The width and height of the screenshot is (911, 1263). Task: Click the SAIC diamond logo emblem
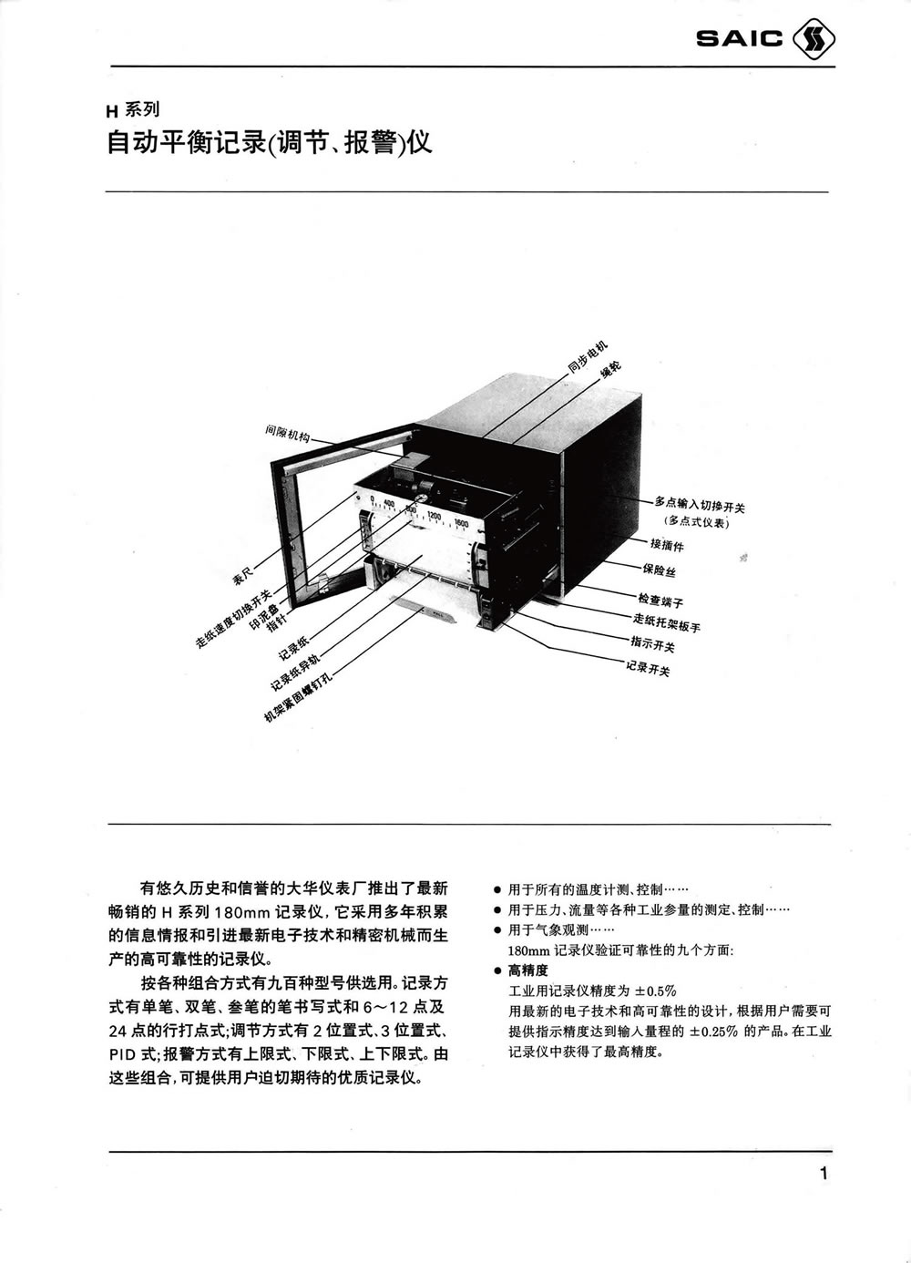click(814, 39)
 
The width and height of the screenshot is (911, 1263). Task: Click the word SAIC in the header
click(740, 39)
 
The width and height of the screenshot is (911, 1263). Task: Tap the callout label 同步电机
click(588, 357)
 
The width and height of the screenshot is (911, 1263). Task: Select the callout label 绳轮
click(611, 369)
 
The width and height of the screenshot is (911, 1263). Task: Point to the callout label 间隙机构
click(288, 433)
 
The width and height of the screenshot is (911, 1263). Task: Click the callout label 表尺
click(243, 577)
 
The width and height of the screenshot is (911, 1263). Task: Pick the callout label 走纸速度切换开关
click(234, 619)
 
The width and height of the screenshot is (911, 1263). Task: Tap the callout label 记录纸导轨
click(295, 673)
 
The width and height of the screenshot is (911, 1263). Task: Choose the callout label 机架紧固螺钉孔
click(298, 696)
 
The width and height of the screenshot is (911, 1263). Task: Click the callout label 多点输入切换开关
click(700, 504)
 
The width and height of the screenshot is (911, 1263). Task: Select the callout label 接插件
click(667, 545)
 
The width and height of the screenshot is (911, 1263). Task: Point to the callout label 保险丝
click(660, 570)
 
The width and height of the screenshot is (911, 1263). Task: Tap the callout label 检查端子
click(660, 600)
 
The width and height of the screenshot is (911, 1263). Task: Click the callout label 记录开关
click(648, 668)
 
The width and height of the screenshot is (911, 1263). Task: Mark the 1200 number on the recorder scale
click(434, 515)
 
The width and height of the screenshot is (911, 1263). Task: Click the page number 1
click(824, 1174)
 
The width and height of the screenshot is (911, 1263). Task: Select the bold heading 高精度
click(527, 970)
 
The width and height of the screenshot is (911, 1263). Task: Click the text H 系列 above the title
click(133, 109)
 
